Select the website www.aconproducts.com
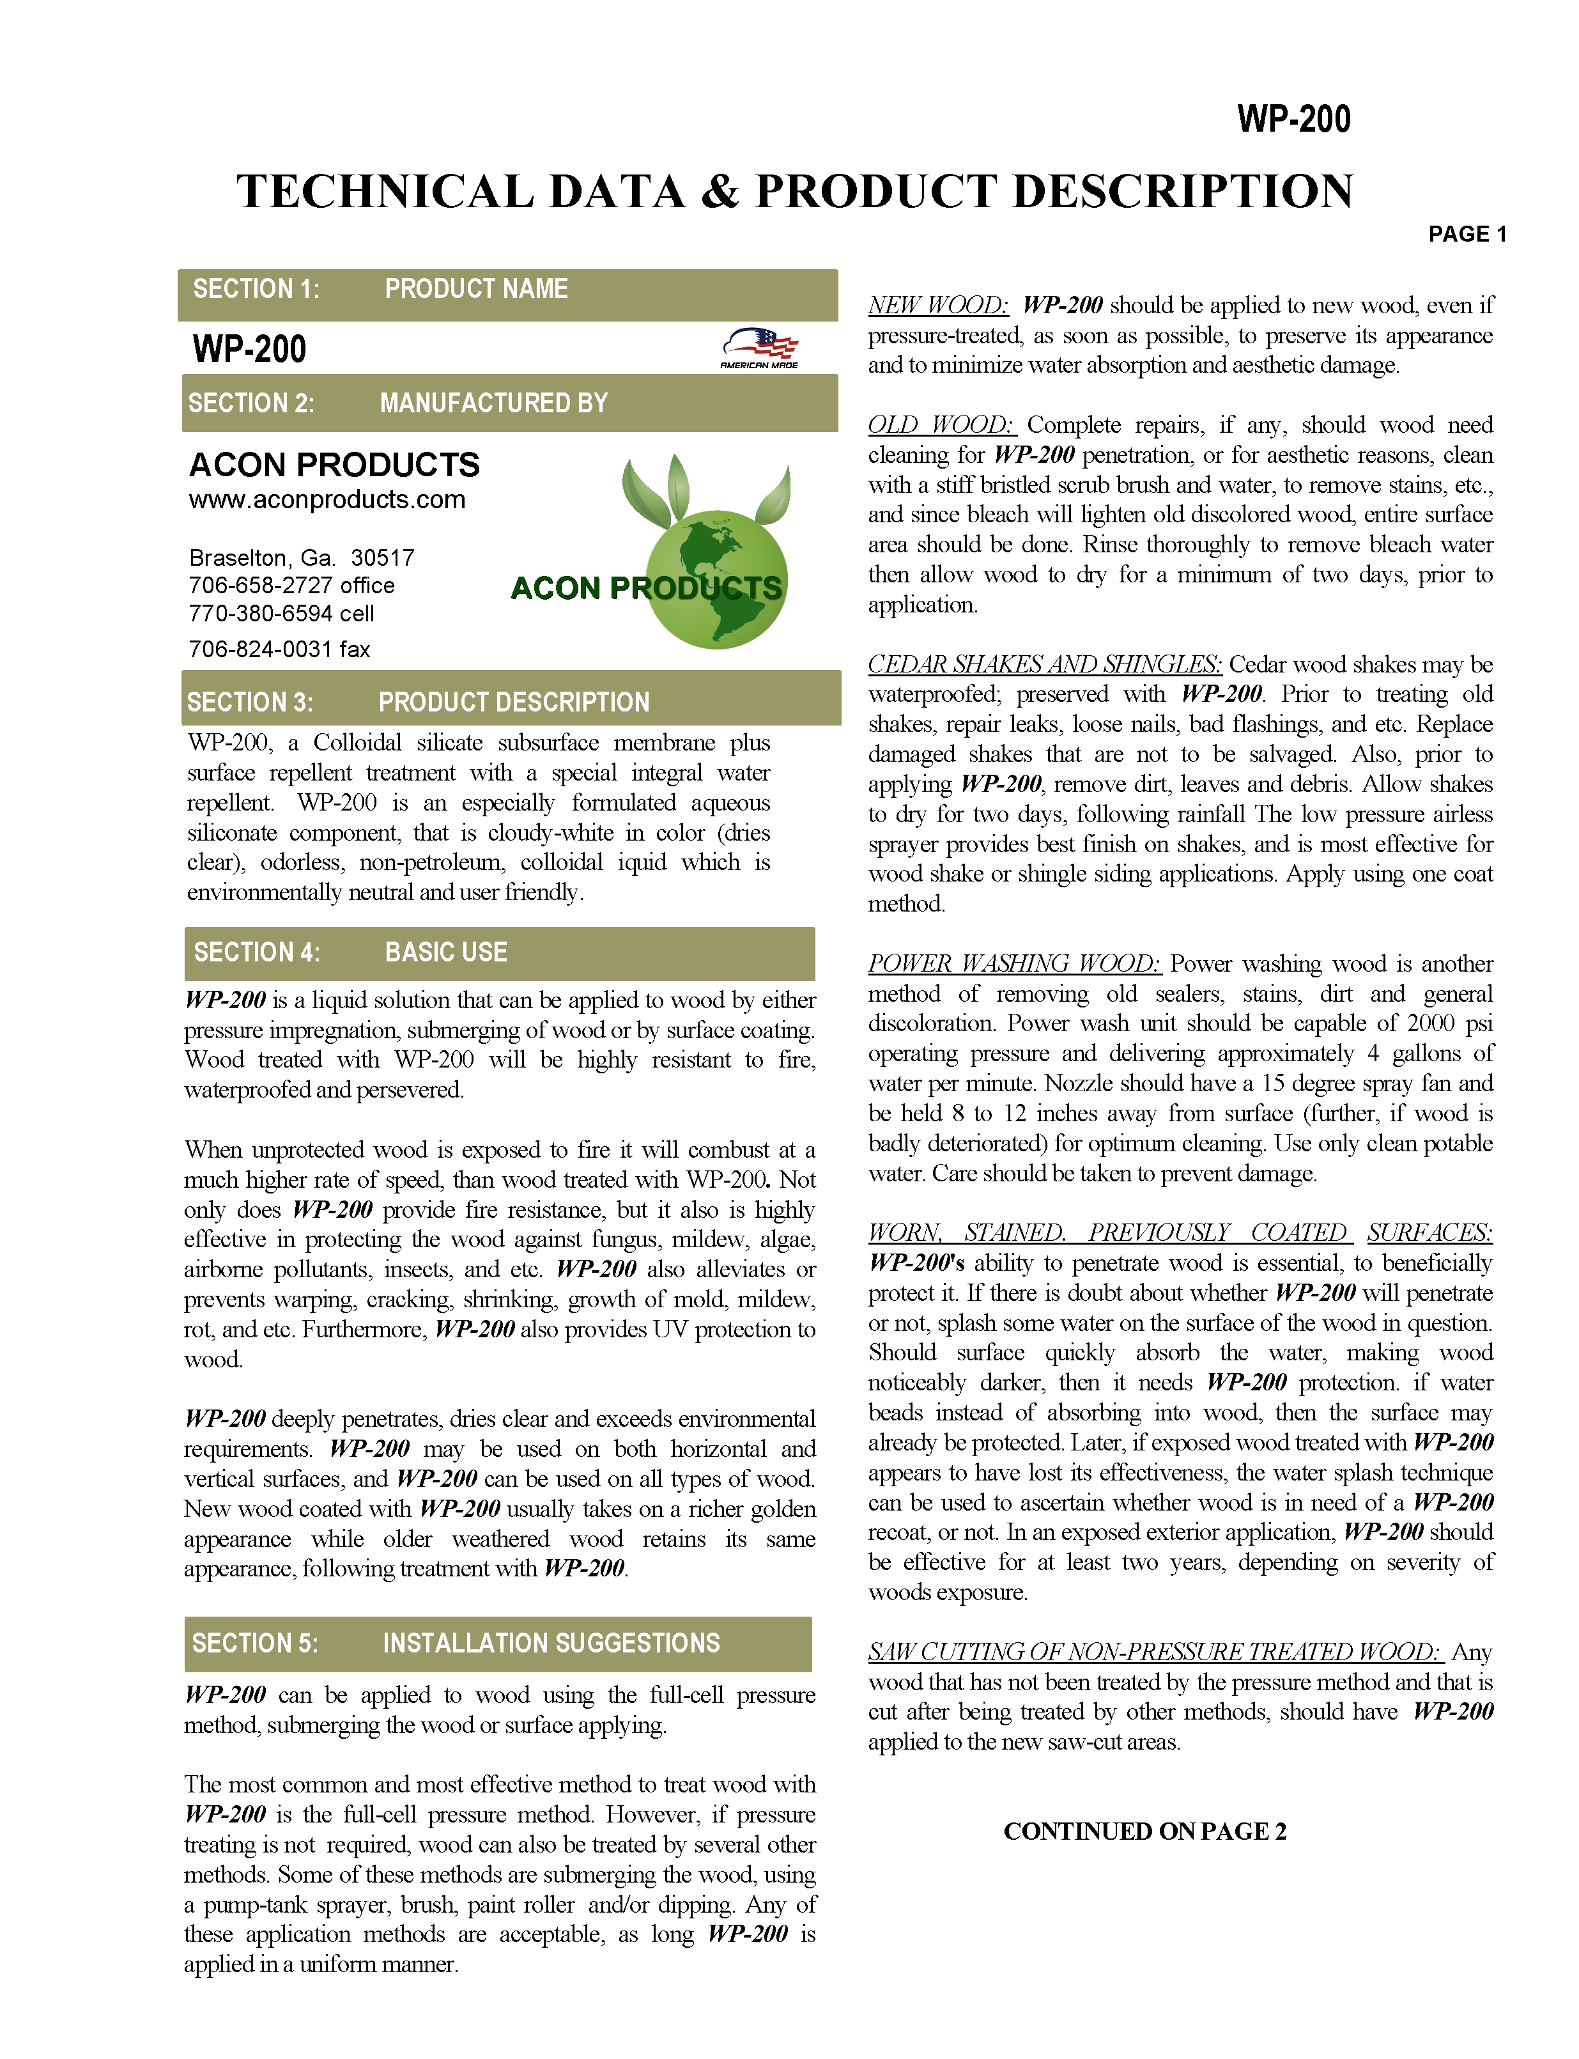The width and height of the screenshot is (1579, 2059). (327, 499)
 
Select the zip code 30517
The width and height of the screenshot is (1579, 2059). (383, 557)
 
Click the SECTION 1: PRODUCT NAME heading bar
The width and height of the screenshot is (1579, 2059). (507, 290)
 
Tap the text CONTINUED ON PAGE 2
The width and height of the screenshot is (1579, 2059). (1144, 1831)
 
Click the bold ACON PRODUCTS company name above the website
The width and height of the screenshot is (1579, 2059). (335, 465)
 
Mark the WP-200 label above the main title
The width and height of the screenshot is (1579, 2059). (1293, 120)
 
